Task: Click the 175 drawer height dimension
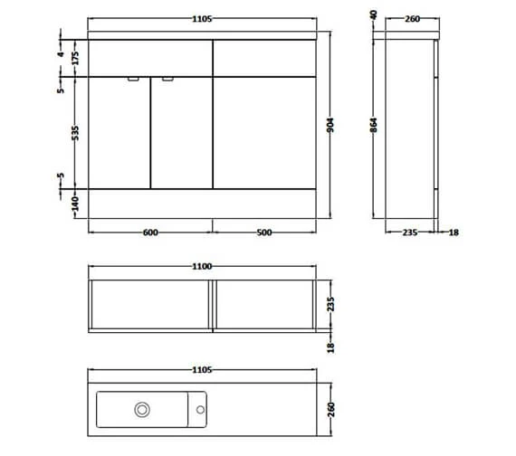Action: [62, 58]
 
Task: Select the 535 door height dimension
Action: [62, 134]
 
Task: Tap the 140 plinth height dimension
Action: [62, 203]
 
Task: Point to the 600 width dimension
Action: [150, 232]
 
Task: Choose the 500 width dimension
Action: [264, 232]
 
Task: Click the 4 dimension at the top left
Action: [62, 37]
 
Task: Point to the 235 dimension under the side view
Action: [408, 233]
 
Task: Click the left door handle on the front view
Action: [134, 79]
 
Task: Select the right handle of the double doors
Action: [167, 79]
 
